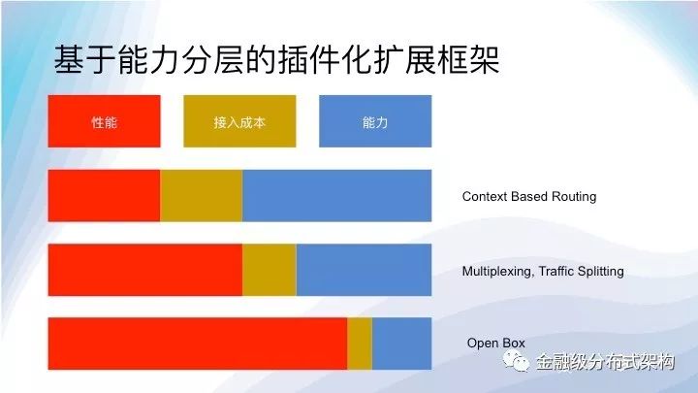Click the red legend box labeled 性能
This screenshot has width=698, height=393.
pos(104,121)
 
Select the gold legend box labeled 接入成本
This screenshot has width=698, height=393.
pos(239,121)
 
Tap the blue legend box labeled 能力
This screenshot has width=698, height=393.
pos(375,121)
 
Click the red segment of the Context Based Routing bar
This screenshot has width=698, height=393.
pos(104,196)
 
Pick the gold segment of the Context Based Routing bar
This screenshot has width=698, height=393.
pos(202,196)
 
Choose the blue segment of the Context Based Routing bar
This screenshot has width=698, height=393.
pos(337,196)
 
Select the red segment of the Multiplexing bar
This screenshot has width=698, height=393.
pos(145,270)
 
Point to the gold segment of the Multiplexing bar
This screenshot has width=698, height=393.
pos(270,270)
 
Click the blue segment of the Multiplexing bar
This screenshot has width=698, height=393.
pos(365,270)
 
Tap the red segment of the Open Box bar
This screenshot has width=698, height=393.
pos(198,344)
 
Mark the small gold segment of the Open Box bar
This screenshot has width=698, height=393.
pos(360,344)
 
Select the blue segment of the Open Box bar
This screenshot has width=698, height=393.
pos(402,344)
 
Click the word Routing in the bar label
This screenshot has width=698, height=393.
pos(574,197)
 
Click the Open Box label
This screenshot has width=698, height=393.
pos(496,344)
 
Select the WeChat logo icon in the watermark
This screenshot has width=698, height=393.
pos(516,361)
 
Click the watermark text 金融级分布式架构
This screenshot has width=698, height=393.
pos(605,361)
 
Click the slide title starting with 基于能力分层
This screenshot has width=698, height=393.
pos(276,59)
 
